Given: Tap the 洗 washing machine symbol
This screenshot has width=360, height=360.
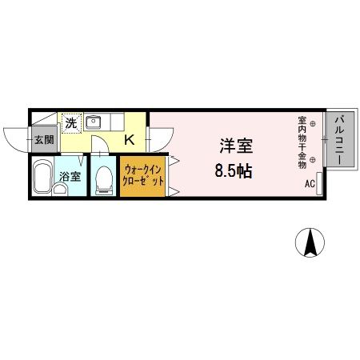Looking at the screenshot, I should [71, 124].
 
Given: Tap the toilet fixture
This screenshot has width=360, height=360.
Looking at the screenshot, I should [102, 179].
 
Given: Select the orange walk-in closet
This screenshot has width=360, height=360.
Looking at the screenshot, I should [142, 176].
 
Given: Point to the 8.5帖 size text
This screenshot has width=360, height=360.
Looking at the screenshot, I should [233, 170].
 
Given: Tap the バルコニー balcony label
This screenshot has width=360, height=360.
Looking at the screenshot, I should [338, 139].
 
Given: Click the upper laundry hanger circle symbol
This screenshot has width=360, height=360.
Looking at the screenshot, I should [313, 123].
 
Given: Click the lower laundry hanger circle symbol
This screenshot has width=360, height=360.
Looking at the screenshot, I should [313, 160].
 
